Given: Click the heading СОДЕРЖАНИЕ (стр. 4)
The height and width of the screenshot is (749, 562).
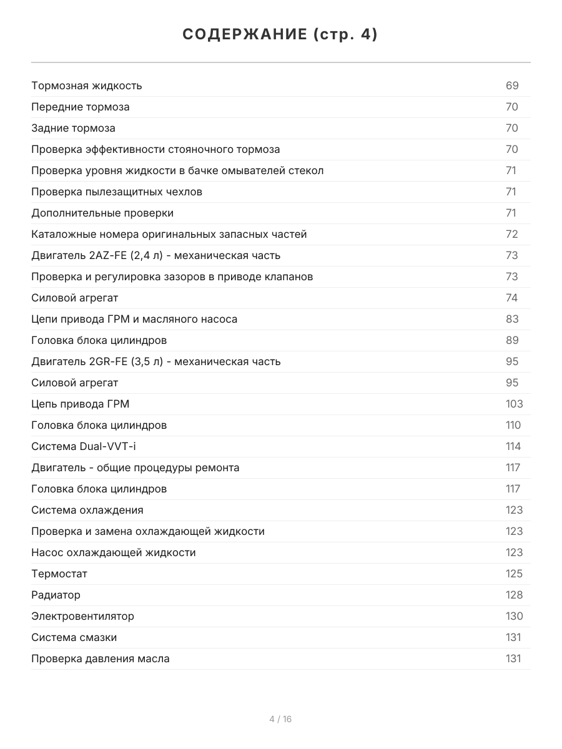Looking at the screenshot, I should coord(280,35).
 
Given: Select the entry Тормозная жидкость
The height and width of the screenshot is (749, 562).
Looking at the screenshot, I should coord(87,86).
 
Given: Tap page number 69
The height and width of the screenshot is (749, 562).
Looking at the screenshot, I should coord(512,86).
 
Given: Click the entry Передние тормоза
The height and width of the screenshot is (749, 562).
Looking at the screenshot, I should coord(81,107).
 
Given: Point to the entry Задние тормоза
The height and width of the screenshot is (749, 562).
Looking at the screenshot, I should coord(73,128).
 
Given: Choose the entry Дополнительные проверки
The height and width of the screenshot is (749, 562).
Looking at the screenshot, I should coord(102,213).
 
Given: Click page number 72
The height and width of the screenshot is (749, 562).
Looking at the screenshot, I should coord(512,234).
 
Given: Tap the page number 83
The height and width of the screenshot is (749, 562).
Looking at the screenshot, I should coord(512,319).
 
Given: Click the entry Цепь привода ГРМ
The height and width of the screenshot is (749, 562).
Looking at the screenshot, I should coord(80,404).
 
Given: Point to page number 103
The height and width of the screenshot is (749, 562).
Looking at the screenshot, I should coord(514,404).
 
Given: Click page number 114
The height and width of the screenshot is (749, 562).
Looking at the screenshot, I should coord(513,446).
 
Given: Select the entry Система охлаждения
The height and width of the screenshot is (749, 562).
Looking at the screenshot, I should coord(87,510).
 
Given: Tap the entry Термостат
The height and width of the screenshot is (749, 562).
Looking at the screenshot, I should coord(59,574).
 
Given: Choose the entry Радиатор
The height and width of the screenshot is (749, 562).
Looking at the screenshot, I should coord(56,595).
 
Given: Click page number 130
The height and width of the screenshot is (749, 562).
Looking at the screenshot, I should coord(514,616).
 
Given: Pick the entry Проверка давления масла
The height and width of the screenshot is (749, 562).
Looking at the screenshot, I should coord(100,658).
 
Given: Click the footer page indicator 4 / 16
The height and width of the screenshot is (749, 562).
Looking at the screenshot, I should coord(280,719).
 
